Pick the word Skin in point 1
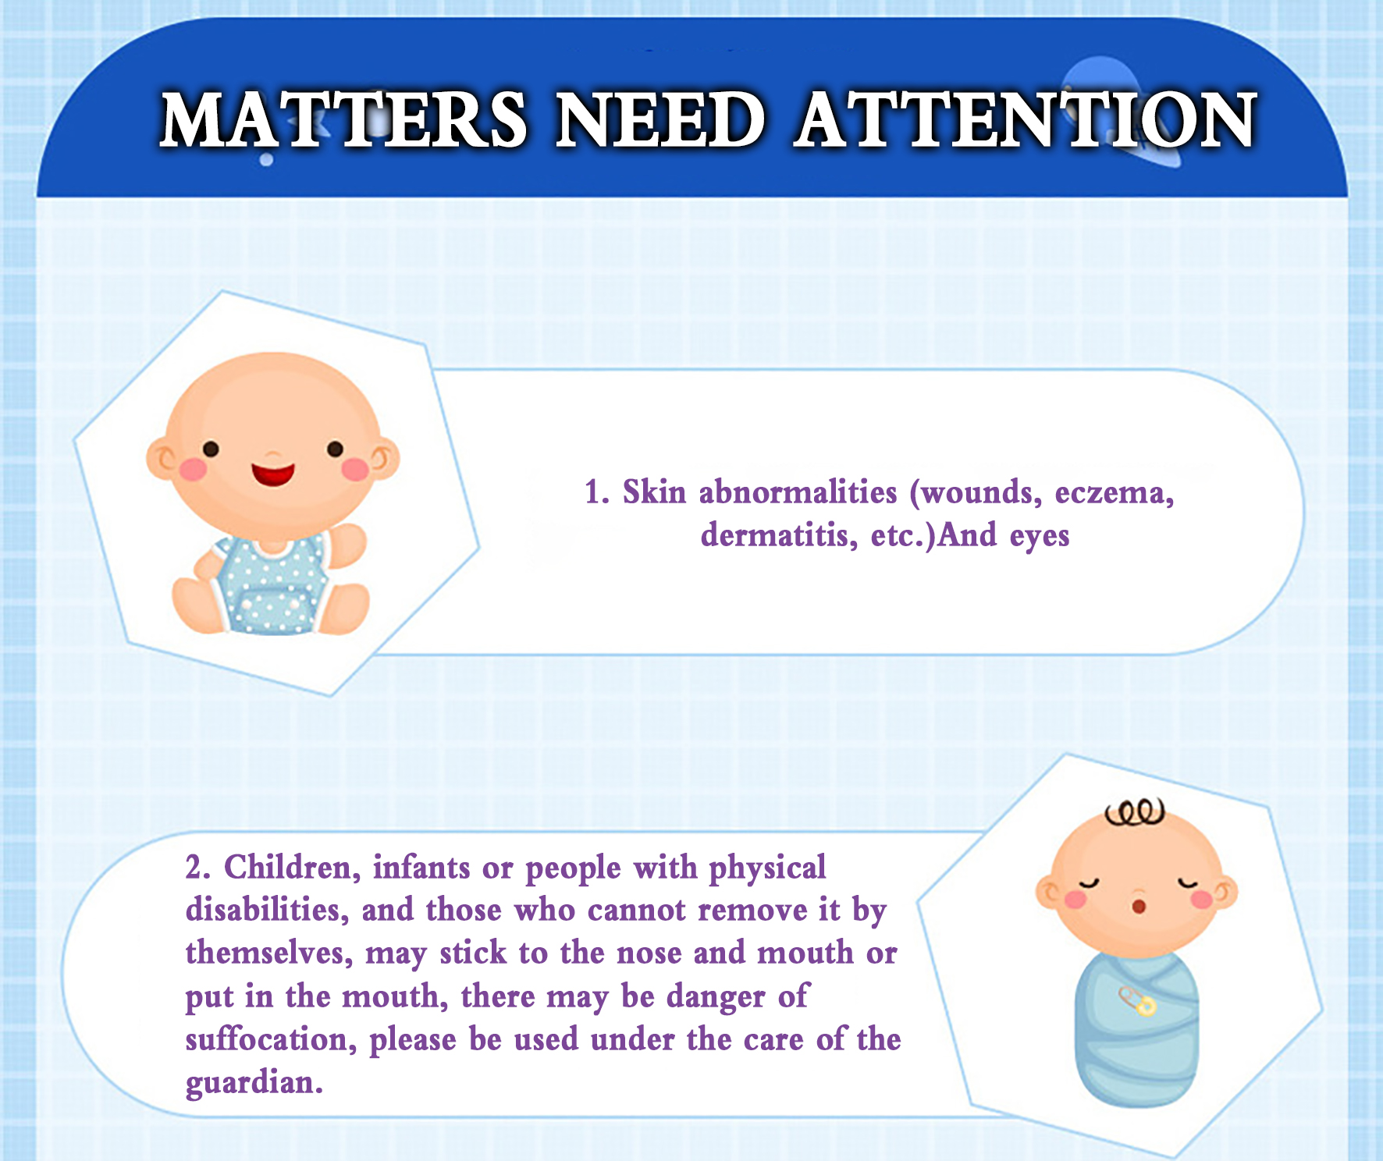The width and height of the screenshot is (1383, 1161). click(654, 492)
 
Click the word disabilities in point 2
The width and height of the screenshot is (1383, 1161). click(267, 910)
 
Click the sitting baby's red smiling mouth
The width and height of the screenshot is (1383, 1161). click(273, 473)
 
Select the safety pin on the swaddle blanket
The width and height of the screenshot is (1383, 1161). click(1137, 1000)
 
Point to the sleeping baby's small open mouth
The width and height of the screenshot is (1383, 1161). click(1139, 906)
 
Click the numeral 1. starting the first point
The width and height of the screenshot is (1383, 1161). click(597, 492)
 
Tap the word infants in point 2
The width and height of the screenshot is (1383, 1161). click(421, 868)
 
